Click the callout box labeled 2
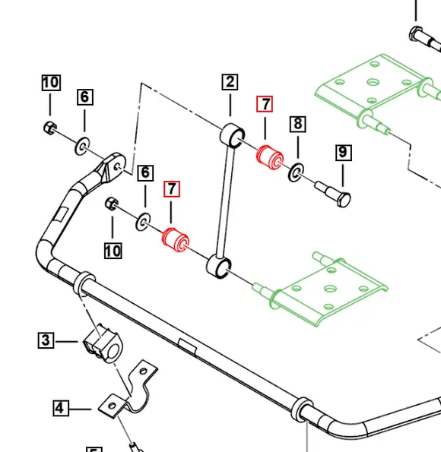230,82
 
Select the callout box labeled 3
46,340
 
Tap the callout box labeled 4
61,408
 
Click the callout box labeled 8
298,124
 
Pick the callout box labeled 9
344,153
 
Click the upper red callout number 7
265,104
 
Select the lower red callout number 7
172,189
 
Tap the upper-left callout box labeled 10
51,83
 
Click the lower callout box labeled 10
113,251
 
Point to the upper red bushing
270,157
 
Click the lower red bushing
176,240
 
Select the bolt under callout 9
333,194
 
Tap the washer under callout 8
296,172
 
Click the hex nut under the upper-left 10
50,128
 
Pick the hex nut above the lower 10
112,204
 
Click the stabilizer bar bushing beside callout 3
103,343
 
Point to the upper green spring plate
378,92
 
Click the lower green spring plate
321,289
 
